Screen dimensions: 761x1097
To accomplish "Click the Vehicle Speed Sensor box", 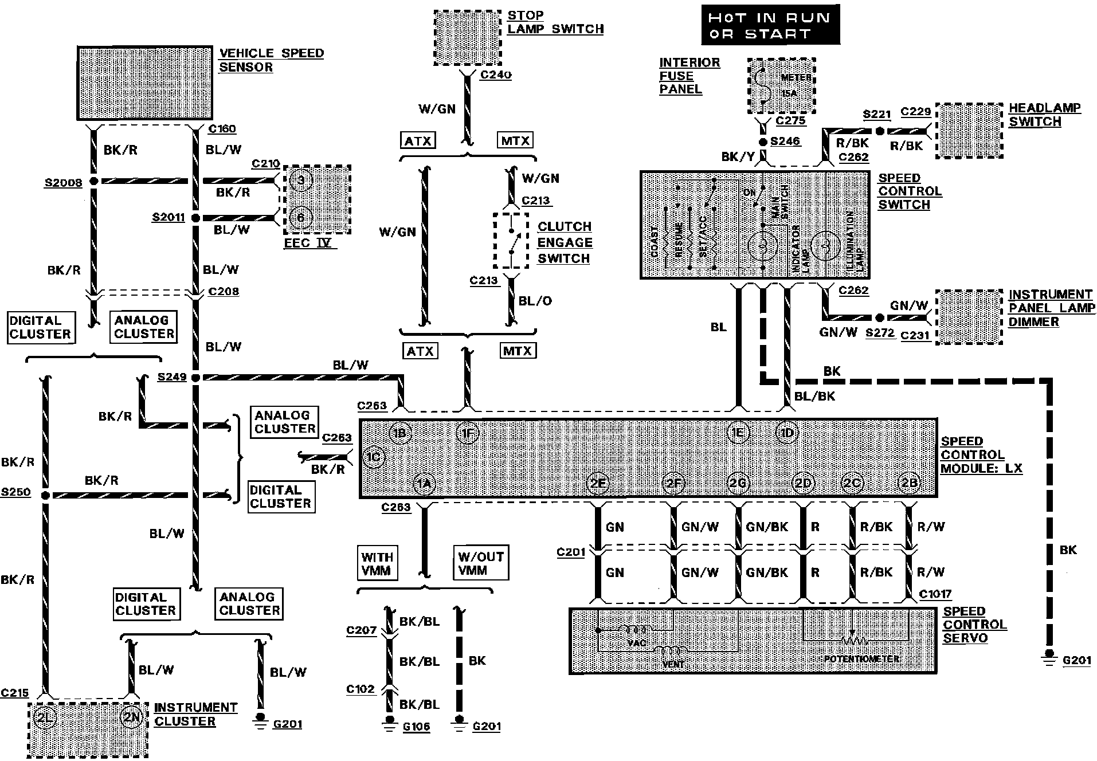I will pyautogui.click(x=145, y=83).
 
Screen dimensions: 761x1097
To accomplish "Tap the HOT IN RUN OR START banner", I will pyautogui.click(x=770, y=25).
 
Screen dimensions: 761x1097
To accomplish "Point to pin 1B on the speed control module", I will pyautogui.click(x=399, y=433).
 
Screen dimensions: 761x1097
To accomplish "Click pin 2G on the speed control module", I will pyautogui.click(x=738, y=483).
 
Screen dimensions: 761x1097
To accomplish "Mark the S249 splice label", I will pyautogui.click(x=172, y=377).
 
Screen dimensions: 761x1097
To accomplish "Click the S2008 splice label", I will pyautogui.click(x=63, y=183).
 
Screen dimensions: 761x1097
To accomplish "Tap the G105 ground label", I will pyautogui.click(x=416, y=727).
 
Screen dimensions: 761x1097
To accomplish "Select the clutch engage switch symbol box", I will pyautogui.click(x=511, y=241).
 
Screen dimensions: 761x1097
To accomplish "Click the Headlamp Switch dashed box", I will pyautogui.click(x=969, y=131).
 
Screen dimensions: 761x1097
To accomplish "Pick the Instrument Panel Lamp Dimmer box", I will pyautogui.click(x=969, y=317).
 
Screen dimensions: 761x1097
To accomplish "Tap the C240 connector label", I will pyautogui.click(x=496, y=74).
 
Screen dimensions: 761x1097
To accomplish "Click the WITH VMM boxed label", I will pyautogui.click(x=377, y=563).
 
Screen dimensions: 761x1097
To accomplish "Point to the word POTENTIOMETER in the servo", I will pyautogui.click(x=861, y=659).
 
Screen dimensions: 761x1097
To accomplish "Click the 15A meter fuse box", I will pyautogui.click(x=782, y=86).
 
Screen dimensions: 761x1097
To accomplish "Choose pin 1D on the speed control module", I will pyautogui.click(x=787, y=433).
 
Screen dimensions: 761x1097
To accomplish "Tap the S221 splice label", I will pyautogui.click(x=877, y=115).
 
